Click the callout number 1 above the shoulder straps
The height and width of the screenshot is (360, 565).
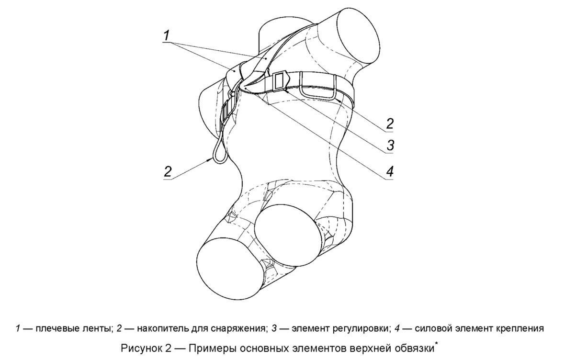coord(166,35)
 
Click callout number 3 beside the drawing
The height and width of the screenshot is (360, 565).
coord(390,145)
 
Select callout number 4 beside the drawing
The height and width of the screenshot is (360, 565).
coord(390,171)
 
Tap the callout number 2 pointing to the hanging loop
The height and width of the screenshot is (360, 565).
coord(168,171)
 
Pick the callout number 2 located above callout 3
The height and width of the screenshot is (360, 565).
coord(390,124)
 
